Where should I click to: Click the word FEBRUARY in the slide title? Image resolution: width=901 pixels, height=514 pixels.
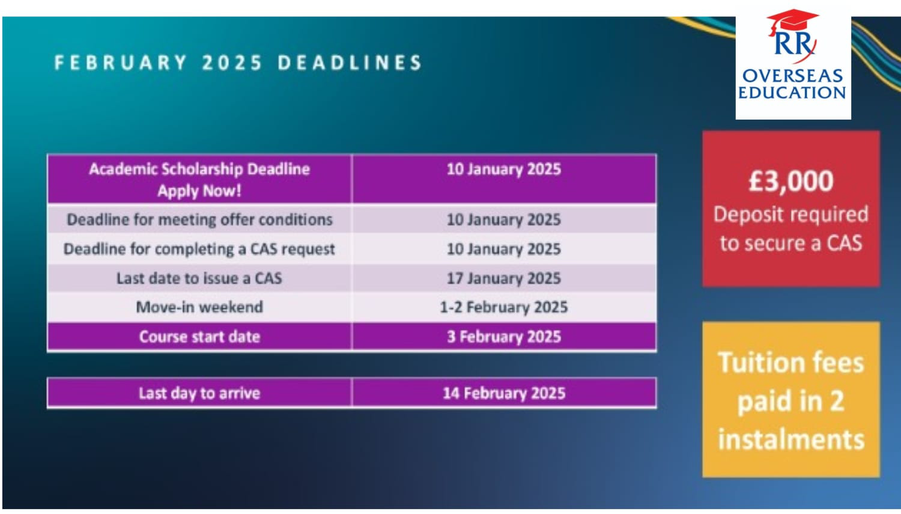(121, 63)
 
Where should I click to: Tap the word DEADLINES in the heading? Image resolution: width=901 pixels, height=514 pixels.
(350, 63)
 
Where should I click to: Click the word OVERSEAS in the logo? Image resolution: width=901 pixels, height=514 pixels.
(792, 76)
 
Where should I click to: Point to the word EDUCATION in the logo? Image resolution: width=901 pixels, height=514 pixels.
(792, 93)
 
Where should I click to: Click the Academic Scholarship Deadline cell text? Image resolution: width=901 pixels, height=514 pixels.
(199, 169)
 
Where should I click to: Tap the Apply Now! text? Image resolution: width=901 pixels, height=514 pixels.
(199, 191)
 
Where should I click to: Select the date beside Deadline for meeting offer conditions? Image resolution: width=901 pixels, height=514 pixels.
(503, 220)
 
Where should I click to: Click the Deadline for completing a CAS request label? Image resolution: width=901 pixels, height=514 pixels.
(199, 249)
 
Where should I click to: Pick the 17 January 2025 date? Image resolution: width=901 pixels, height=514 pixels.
(503, 278)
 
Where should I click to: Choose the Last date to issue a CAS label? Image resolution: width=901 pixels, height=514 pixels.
(199, 278)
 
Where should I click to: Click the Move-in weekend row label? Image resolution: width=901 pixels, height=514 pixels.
(199, 307)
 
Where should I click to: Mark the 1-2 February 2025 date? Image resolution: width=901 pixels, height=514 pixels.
(503, 308)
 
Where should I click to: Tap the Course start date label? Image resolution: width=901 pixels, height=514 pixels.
(199, 337)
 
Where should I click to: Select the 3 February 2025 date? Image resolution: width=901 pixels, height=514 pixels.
(503, 337)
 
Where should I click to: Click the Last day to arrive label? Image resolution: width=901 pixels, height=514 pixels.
(199, 393)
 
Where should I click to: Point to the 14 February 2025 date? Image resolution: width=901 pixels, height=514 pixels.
(504, 393)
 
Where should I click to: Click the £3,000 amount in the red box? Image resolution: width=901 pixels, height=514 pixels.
(791, 181)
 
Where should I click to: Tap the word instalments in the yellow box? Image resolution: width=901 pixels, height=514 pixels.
(791, 439)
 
